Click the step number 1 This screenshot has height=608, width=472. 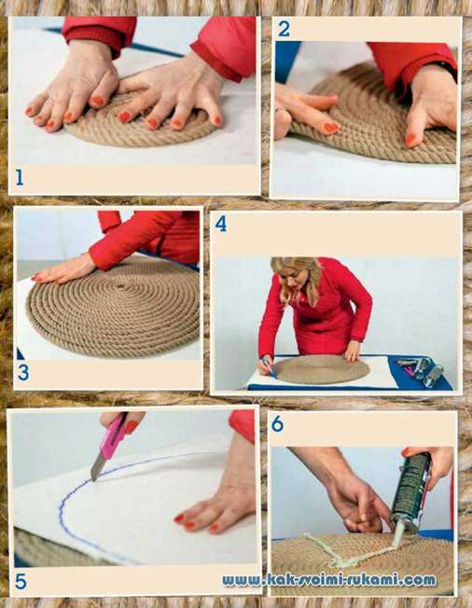click(x=20, y=178)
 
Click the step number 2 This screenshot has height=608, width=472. click(x=284, y=29)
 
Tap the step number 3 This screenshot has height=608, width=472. click(x=23, y=373)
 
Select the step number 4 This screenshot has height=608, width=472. click(x=221, y=224)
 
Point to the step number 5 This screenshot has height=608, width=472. click(x=21, y=583)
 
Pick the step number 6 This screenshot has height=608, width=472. click(x=278, y=424)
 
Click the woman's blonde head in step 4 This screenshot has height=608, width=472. click(x=296, y=276)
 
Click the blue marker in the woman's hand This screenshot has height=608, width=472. click(x=269, y=367)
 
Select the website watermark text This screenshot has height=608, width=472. click(x=329, y=580)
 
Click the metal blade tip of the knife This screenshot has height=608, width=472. click(x=93, y=477)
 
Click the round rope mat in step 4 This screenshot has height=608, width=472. click(x=322, y=369)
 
